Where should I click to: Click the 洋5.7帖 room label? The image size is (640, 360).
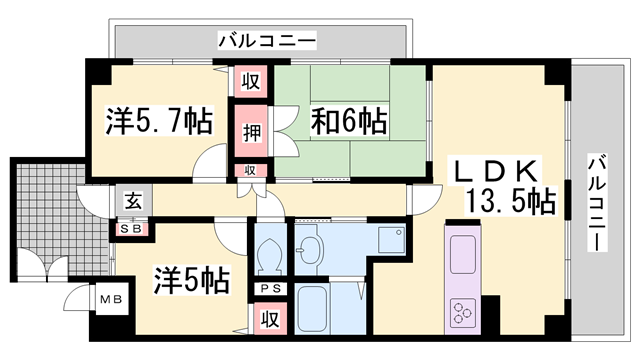[159, 122]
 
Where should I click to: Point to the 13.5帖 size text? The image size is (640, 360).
[509, 201]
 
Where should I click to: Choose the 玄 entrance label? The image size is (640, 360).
[132, 200]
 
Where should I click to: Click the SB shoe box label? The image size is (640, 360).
[132, 229]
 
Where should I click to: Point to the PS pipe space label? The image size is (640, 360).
[268, 290]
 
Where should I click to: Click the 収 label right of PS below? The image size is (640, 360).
[269, 319]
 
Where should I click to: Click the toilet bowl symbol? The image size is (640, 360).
[269, 256]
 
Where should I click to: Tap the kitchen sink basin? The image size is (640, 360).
[463, 256]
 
